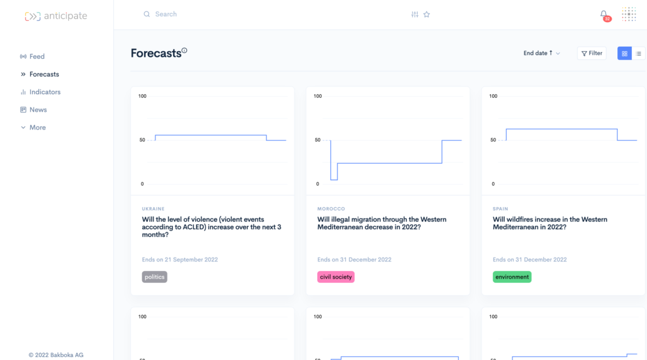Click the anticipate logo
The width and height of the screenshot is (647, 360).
click(56, 16)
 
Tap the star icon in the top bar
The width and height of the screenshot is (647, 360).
click(426, 15)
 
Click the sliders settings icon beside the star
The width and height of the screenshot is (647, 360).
click(414, 15)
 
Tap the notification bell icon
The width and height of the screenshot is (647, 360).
click(604, 15)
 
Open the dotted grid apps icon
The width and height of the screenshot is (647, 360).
click(629, 15)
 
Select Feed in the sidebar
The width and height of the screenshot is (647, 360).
click(37, 56)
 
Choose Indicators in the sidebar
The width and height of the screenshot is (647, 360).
click(45, 92)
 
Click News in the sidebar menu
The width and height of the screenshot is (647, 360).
click(38, 110)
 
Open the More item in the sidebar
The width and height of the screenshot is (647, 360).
click(37, 128)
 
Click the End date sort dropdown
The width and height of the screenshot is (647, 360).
click(541, 53)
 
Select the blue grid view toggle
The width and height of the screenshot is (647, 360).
click(624, 54)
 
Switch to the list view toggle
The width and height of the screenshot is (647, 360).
click(638, 54)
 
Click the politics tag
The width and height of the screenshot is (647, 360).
click(155, 277)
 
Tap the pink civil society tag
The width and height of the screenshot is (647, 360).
click(336, 277)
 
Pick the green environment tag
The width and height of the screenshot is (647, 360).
click(512, 277)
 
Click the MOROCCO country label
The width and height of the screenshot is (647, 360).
click(331, 209)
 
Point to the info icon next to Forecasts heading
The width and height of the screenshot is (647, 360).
click(184, 51)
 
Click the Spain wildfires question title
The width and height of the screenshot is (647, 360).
click(550, 223)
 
